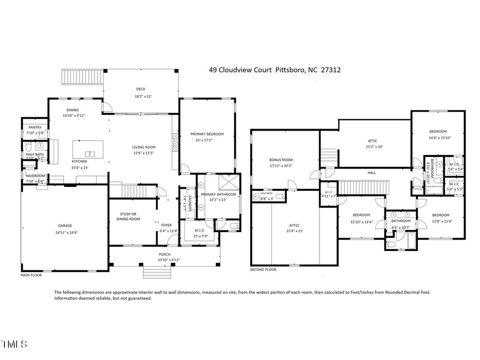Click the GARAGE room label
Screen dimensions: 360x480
[x=65, y=226]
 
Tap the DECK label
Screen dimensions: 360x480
[x=140, y=89]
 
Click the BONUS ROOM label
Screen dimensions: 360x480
[x=281, y=159]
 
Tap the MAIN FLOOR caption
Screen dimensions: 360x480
[x=31, y=275]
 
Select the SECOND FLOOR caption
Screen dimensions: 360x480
[x=263, y=270]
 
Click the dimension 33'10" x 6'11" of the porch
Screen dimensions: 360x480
[x=164, y=260]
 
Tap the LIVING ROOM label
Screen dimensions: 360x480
[x=143, y=147]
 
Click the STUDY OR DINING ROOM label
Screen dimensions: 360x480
[x=128, y=216]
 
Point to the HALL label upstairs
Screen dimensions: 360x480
[x=371, y=172]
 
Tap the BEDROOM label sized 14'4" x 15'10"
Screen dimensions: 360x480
[x=438, y=131]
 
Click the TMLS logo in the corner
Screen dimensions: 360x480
[x=14, y=345]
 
